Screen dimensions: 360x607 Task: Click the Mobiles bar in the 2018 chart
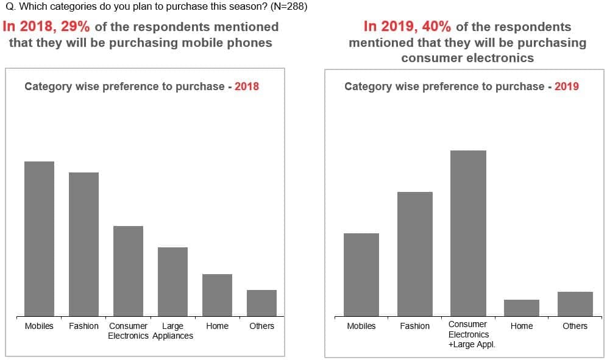tap(39, 238)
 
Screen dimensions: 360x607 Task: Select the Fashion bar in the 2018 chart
tap(83, 244)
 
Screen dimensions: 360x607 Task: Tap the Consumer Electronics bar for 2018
tap(128, 270)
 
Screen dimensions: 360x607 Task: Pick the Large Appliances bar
tap(172, 281)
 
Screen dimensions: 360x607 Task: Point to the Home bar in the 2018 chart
tap(217, 295)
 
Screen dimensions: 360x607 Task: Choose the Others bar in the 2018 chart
tap(261, 303)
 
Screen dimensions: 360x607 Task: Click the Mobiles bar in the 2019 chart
tap(361, 274)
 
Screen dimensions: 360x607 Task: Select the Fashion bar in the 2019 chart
tap(415, 253)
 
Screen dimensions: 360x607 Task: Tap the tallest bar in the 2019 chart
tap(468, 233)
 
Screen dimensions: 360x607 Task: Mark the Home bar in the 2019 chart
tap(522, 308)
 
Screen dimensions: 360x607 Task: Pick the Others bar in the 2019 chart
tap(575, 303)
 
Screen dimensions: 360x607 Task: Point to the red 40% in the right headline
tap(436, 27)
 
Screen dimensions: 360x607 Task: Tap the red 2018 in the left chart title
tap(247, 86)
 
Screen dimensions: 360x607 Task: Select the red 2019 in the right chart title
tap(567, 86)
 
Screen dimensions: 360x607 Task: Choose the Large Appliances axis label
tap(172, 331)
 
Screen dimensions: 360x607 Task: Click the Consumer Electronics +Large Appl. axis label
tap(468, 334)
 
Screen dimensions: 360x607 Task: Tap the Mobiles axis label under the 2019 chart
tap(361, 326)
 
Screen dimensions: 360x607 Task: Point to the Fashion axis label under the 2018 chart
tap(83, 326)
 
